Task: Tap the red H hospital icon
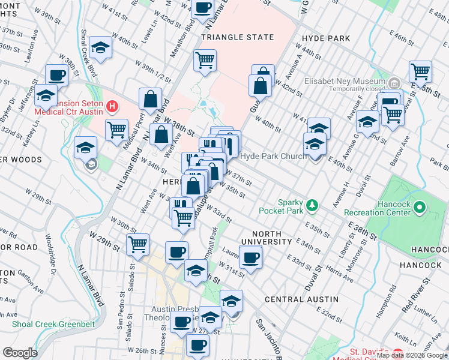pyautogui.click(x=111, y=107)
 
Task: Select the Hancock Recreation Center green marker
pyautogui.click(x=420, y=208)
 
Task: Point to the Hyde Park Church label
pyautogui.click(x=273, y=156)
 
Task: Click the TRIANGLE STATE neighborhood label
pyautogui.click(x=233, y=37)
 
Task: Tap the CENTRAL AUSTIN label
pyautogui.click(x=301, y=299)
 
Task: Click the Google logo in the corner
pyautogui.click(x=20, y=353)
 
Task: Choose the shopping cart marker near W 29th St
pyautogui.click(x=138, y=244)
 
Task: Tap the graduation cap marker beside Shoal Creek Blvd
pyautogui.click(x=101, y=48)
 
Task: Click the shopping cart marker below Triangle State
pyautogui.click(x=205, y=60)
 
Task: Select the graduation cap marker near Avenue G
pyautogui.click(x=366, y=122)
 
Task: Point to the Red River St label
pyautogui.click(x=415, y=295)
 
